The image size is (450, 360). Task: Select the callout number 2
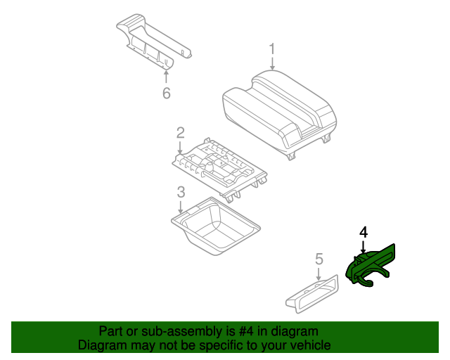coord(181,132)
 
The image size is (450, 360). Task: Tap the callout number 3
coord(181,191)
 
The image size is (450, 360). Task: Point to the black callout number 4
coord(363,231)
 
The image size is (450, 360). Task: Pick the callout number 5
coord(319,259)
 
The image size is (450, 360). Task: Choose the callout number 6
coord(167,93)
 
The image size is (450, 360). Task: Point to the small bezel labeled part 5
coord(312,292)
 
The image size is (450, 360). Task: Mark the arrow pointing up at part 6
coord(167,76)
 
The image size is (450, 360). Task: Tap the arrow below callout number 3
coord(181,206)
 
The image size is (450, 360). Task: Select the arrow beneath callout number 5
coord(319,274)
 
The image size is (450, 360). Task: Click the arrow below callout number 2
coord(181,146)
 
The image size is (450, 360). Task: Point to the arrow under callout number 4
coord(363,245)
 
